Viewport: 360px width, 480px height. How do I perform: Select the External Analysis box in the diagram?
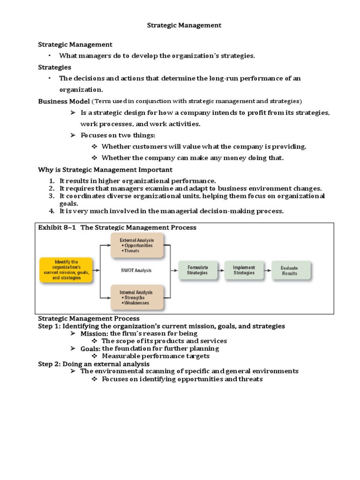point(137,245)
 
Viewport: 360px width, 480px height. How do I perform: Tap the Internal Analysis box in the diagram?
point(137,297)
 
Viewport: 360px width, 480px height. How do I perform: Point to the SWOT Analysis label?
point(136,270)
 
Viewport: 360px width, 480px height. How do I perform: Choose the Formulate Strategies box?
point(197,270)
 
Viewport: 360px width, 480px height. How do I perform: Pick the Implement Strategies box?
point(244,270)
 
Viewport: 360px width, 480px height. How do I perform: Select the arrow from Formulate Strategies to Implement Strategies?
point(220,270)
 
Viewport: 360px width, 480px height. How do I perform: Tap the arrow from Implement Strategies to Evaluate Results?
point(267,270)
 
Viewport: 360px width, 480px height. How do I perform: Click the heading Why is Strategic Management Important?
point(105,169)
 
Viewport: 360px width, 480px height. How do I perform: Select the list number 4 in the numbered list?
point(52,211)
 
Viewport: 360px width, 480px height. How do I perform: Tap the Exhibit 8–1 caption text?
point(117,227)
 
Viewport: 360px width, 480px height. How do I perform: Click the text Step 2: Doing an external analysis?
point(94,363)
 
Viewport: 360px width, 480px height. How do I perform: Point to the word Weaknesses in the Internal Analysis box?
point(136,303)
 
